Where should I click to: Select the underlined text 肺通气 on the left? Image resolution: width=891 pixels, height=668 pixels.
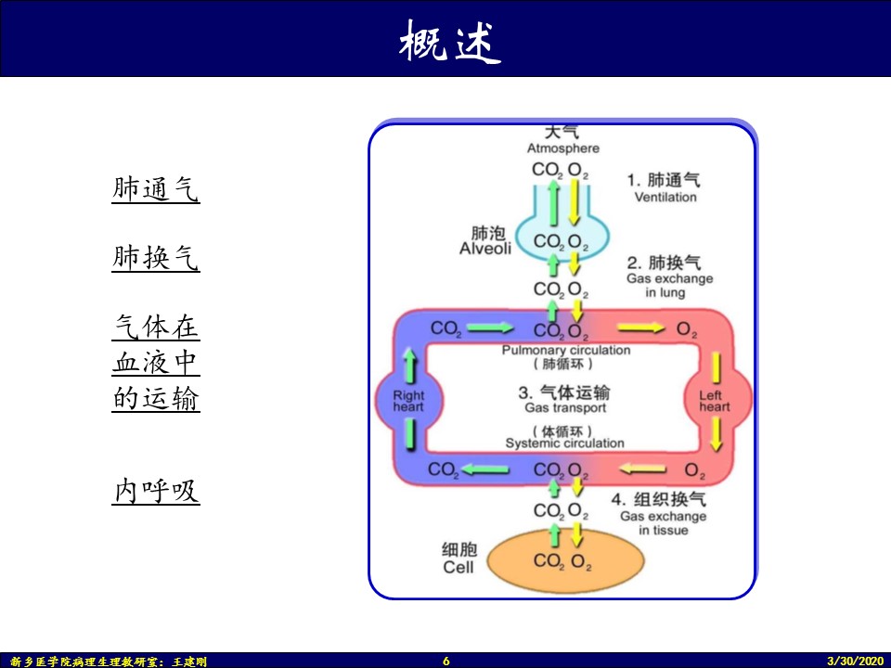(x=156, y=190)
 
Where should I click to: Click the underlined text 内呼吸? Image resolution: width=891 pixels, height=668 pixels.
(x=156, y=491)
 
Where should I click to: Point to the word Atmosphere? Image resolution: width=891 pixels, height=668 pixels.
(x=563, y=148)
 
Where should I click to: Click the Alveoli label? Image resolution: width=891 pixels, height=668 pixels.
(x=484, y=249)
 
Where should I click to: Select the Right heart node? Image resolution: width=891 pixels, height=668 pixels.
(x=408, y=401)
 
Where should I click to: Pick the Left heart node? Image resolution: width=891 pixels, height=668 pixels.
(x=715, y=401)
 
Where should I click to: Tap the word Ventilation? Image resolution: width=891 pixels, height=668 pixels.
(x=665, y=198)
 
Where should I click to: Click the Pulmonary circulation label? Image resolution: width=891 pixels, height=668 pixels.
(x=566, y=351)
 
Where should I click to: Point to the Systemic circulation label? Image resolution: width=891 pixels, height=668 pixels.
(x=564, y=443)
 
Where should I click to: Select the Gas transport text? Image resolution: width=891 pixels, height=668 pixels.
(x=565, y=407)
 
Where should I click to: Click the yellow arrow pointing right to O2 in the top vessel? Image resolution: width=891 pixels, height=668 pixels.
(x=641, y=328)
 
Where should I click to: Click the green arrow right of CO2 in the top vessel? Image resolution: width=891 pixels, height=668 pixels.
(x=492, y=328)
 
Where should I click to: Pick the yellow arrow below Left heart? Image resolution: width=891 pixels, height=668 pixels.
(x=716, y=433)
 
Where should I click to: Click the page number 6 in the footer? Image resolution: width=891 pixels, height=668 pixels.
(x=446, y=661)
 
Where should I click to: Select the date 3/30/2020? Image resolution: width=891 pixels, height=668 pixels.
(x=856, y=661)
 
